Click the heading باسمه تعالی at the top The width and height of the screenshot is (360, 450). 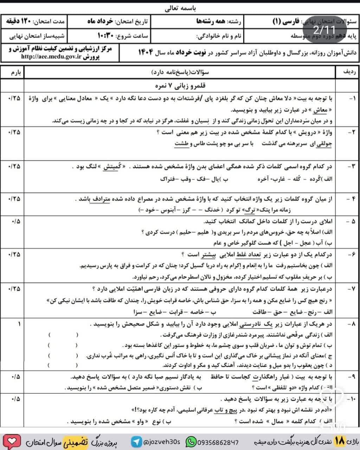pyautogui.click(x=180, y=9)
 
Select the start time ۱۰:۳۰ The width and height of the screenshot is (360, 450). pyautogui.click(x=104, y=36)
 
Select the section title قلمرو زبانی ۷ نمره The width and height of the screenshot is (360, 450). pyautogui.click(x=180, y=86)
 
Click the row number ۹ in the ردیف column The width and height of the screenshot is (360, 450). pyautogui.click(x=349, y=377)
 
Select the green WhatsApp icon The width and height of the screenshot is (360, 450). pyautogui.click(x=191, y=441)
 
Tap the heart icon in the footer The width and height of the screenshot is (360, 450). pyautogui.click(x=12, y=441)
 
